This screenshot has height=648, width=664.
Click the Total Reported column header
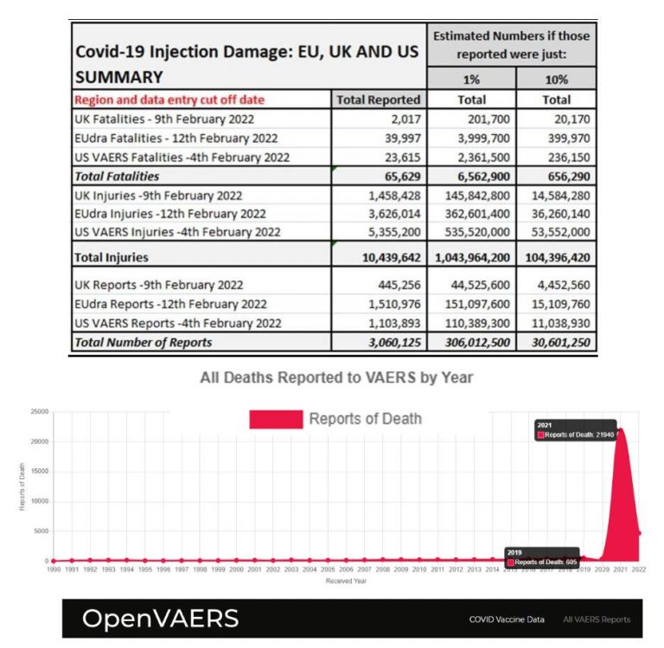coord(378,99)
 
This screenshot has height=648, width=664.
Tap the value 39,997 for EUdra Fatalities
coord(399,138)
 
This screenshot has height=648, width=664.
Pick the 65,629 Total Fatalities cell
coord(399,176)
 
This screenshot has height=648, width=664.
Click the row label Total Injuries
coord(112,256)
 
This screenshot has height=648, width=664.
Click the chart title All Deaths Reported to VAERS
coord(336,377)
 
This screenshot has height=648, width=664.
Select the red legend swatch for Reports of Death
coord(276,419)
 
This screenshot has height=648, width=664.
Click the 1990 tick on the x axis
coord(53,570)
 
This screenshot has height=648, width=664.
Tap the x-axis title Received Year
coord(346,581)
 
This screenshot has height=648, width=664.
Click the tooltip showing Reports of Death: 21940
coord(574,431)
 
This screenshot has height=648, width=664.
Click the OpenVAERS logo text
coord(160,618)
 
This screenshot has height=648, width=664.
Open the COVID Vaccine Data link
coord(507,619)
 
